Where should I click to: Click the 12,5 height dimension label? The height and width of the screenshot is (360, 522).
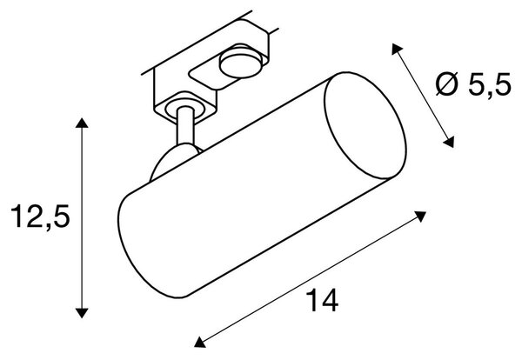(x=40, y=216)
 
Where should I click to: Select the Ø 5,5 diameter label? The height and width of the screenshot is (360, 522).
(x=472, y=84)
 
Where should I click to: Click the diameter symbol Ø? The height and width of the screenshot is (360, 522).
(x=447, y=84)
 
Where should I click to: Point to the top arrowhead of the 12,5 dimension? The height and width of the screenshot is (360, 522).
(x=82, y=123)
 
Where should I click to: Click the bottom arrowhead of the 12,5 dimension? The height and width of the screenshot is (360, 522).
(x=82, y=313)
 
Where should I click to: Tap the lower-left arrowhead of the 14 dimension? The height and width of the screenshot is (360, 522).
(x=199, y=343)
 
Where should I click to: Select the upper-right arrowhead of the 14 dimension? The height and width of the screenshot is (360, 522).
(x=420, y=216)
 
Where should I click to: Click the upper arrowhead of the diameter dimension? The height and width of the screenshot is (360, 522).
(x=397, y=49)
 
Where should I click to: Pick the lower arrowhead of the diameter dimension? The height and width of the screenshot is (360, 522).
(x=449, y=142)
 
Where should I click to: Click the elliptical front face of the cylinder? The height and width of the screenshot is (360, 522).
(x=365, y=125)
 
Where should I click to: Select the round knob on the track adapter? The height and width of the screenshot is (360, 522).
(x=241, y=63)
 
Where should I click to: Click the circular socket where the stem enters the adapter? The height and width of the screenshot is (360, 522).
(x=182, y=110)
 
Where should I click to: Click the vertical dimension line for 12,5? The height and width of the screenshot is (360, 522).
(x=82, y=218)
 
